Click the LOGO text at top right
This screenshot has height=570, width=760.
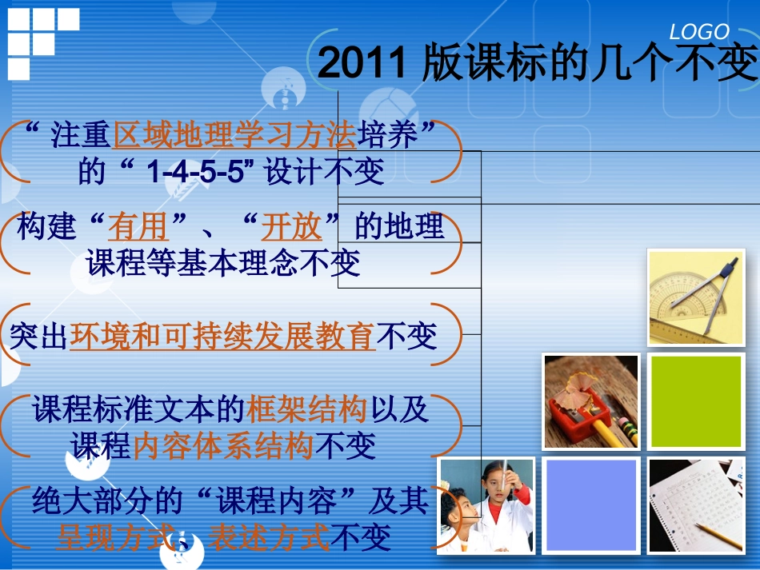tap(699, 32)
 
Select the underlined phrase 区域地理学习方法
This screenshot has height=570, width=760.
tap(235, 137)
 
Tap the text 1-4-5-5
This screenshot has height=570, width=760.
tap(195, 172)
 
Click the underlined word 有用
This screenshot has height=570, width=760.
tap(138, 228)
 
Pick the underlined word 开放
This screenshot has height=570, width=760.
tap(291, 228)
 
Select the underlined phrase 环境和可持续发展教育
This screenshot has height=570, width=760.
tap(222, 337)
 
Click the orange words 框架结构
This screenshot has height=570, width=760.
tap(307, 409)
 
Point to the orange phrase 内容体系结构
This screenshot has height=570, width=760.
tap(223, 445)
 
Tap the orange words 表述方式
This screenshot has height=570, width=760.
tap(269, 537)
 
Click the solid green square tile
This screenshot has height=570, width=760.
tap(694, 401)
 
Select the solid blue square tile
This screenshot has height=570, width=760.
tap(591, 505)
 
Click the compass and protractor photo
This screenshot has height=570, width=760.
tap(695, 297)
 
